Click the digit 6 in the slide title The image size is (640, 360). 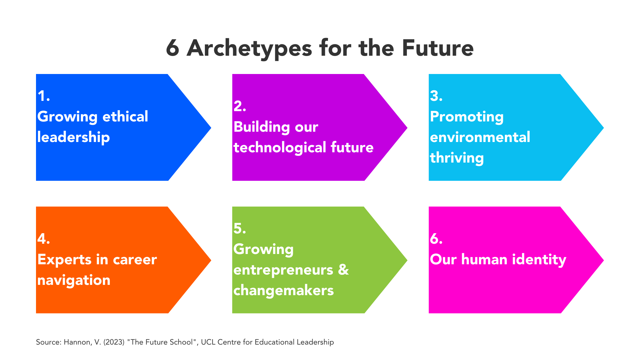[173, 48]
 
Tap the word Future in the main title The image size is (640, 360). [438, 48]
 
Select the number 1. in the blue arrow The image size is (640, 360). [44, 96]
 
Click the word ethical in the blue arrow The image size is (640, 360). [125, 117]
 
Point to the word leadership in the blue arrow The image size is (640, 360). [73, 137]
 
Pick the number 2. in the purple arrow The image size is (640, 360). [240, 106]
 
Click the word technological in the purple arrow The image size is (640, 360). [280, 148]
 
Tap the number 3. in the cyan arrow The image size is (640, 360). [436, 96]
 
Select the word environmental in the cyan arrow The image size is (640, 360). [480, 137]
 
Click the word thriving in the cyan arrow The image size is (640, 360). [457, 158]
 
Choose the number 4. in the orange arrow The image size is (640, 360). [44, 239]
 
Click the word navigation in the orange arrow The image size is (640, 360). [74, 280]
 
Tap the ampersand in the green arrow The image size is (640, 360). [343, 270]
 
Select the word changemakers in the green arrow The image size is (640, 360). [283, 291]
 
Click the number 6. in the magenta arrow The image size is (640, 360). [436, 239]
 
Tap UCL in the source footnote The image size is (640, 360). [208, 342]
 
